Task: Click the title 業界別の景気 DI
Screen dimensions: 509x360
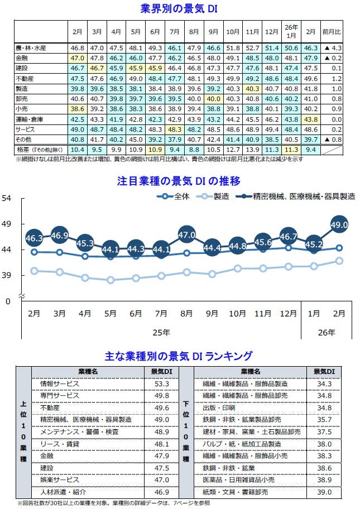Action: tap(179, 9)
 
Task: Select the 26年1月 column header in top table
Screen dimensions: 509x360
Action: tap(291, 31)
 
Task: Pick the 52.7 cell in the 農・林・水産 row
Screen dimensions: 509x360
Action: tap(252, 49)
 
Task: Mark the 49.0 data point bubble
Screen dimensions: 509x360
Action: tap(339, 225)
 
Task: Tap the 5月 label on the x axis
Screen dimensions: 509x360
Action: tap(111, 314)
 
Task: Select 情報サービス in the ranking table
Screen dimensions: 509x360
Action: tap(60, 384)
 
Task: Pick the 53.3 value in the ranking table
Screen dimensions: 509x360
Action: tap(162, 384)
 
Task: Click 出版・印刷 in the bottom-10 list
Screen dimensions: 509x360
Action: tap(217, 408)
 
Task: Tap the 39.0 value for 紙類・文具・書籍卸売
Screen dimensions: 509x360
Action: tap(324, 492)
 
